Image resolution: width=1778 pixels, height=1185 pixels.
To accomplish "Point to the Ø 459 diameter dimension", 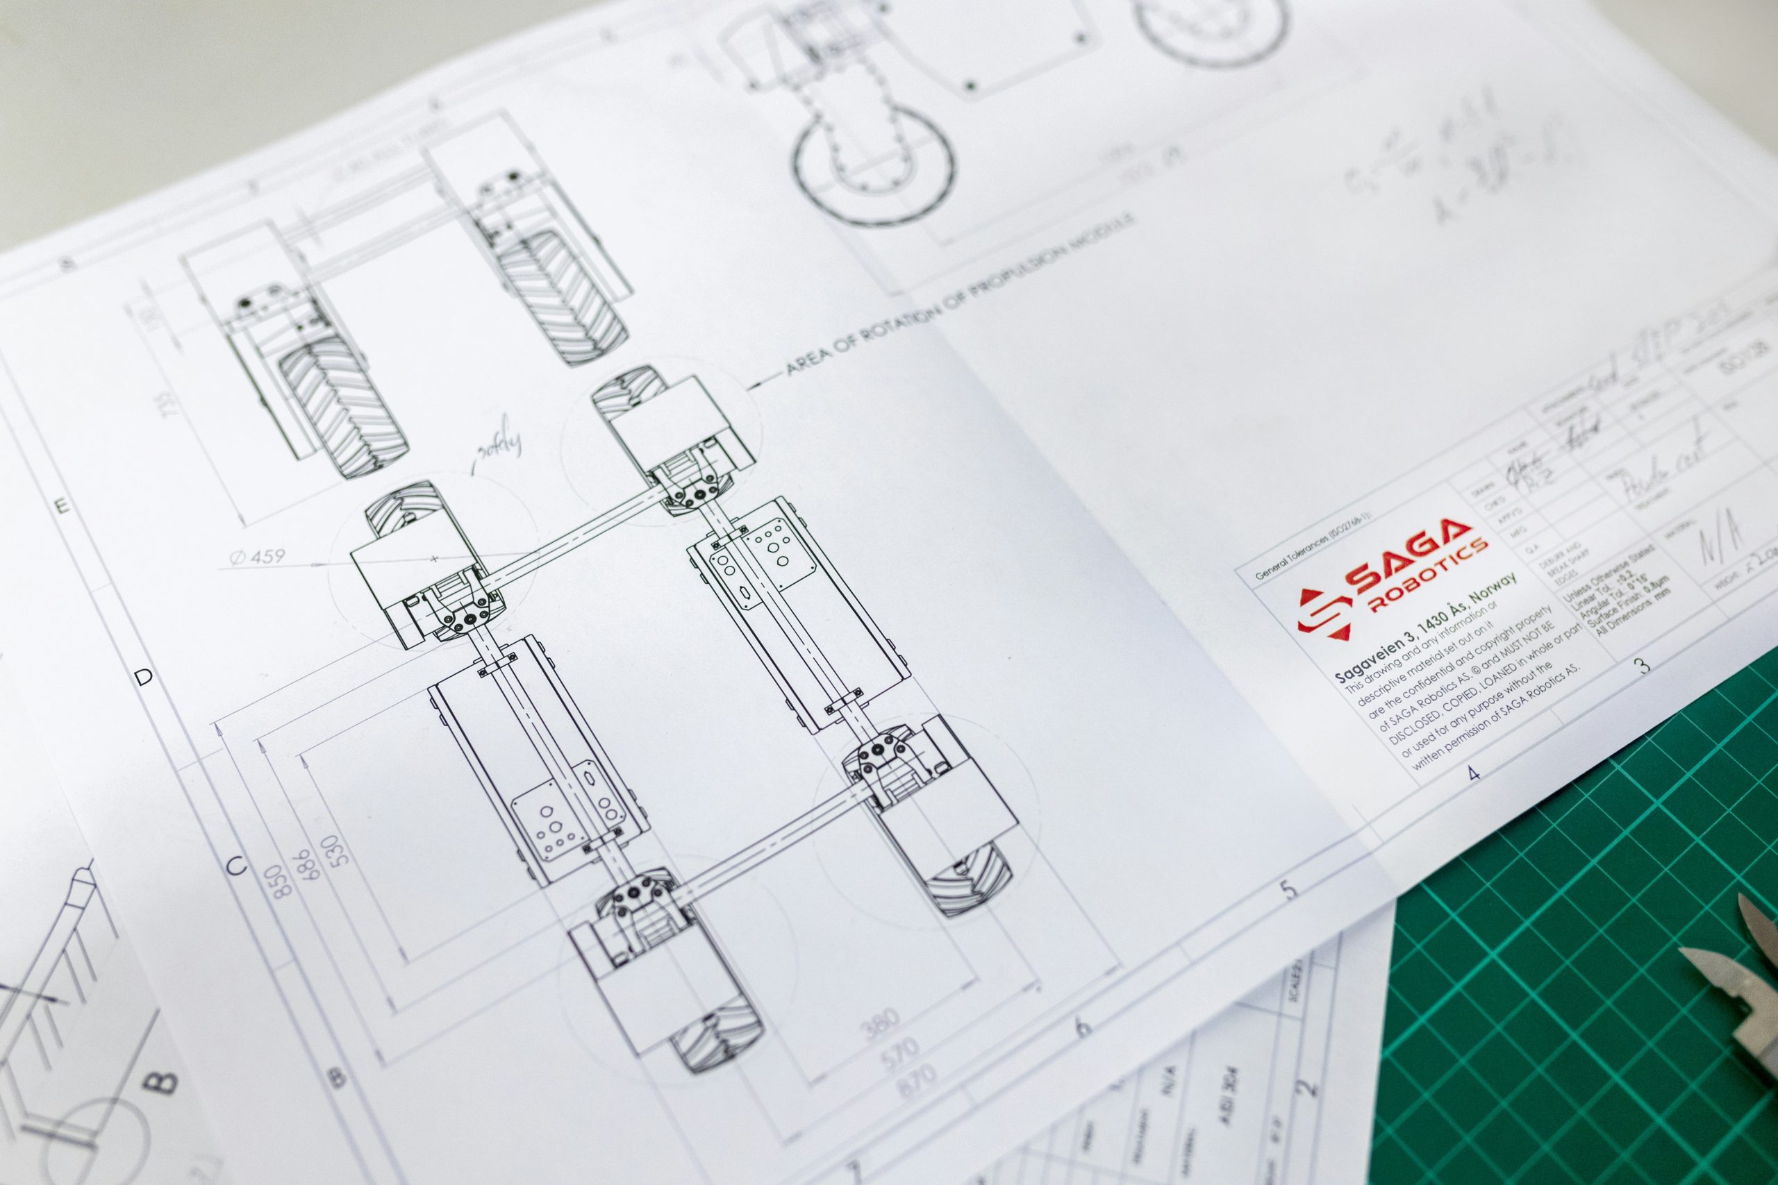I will click(x=256, y=557).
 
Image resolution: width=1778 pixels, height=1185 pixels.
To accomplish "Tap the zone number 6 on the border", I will click(x=1083, y=1028).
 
